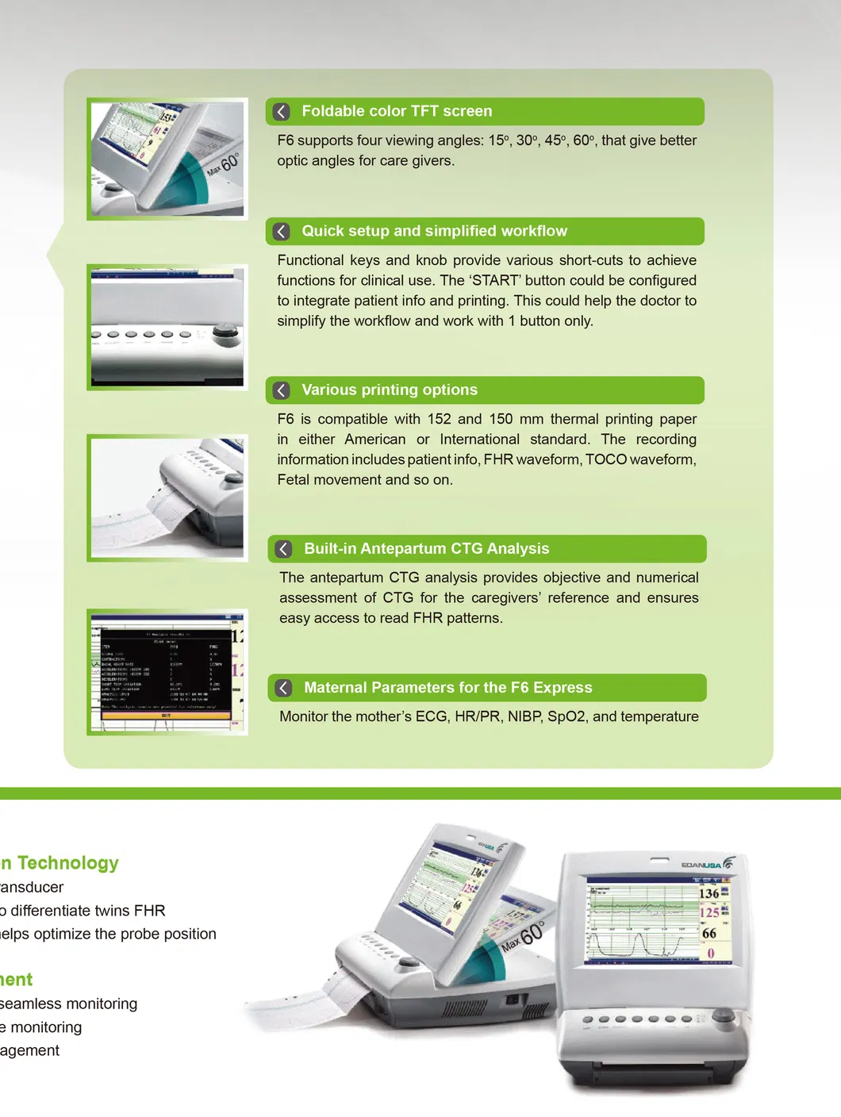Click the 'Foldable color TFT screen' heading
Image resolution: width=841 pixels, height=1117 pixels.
click(x=397, y=111)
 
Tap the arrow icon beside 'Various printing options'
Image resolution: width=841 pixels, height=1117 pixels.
click(x=282, y=390)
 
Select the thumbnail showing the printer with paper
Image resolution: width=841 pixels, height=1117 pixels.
click(x=167, y=498)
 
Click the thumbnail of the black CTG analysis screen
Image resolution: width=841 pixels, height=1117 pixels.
click(x=167, y=672)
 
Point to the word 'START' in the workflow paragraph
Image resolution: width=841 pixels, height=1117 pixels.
click(x=496, y=281)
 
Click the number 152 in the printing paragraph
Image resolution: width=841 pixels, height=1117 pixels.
click(x=439, y=419)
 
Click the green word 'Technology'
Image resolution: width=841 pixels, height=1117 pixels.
click(x=68, y=863)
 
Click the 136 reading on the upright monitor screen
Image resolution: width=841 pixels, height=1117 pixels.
click(x=709, y=894)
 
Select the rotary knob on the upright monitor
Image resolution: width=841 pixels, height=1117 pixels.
click(x=724, y=1017)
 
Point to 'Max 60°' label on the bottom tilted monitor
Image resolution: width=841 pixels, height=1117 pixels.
click(x=524, y=936)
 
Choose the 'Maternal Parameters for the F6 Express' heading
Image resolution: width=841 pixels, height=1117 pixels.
click(x=447, y=688)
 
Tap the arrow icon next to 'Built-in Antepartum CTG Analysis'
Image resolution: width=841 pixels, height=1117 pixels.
click(x=284, y=549)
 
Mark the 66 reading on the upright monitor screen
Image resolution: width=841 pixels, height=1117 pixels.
click(x=709, y=934)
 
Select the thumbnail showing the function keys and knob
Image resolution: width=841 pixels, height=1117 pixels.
click(x=167, y=327)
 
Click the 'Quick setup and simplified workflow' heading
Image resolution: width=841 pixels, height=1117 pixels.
click(x=434, y=231)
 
